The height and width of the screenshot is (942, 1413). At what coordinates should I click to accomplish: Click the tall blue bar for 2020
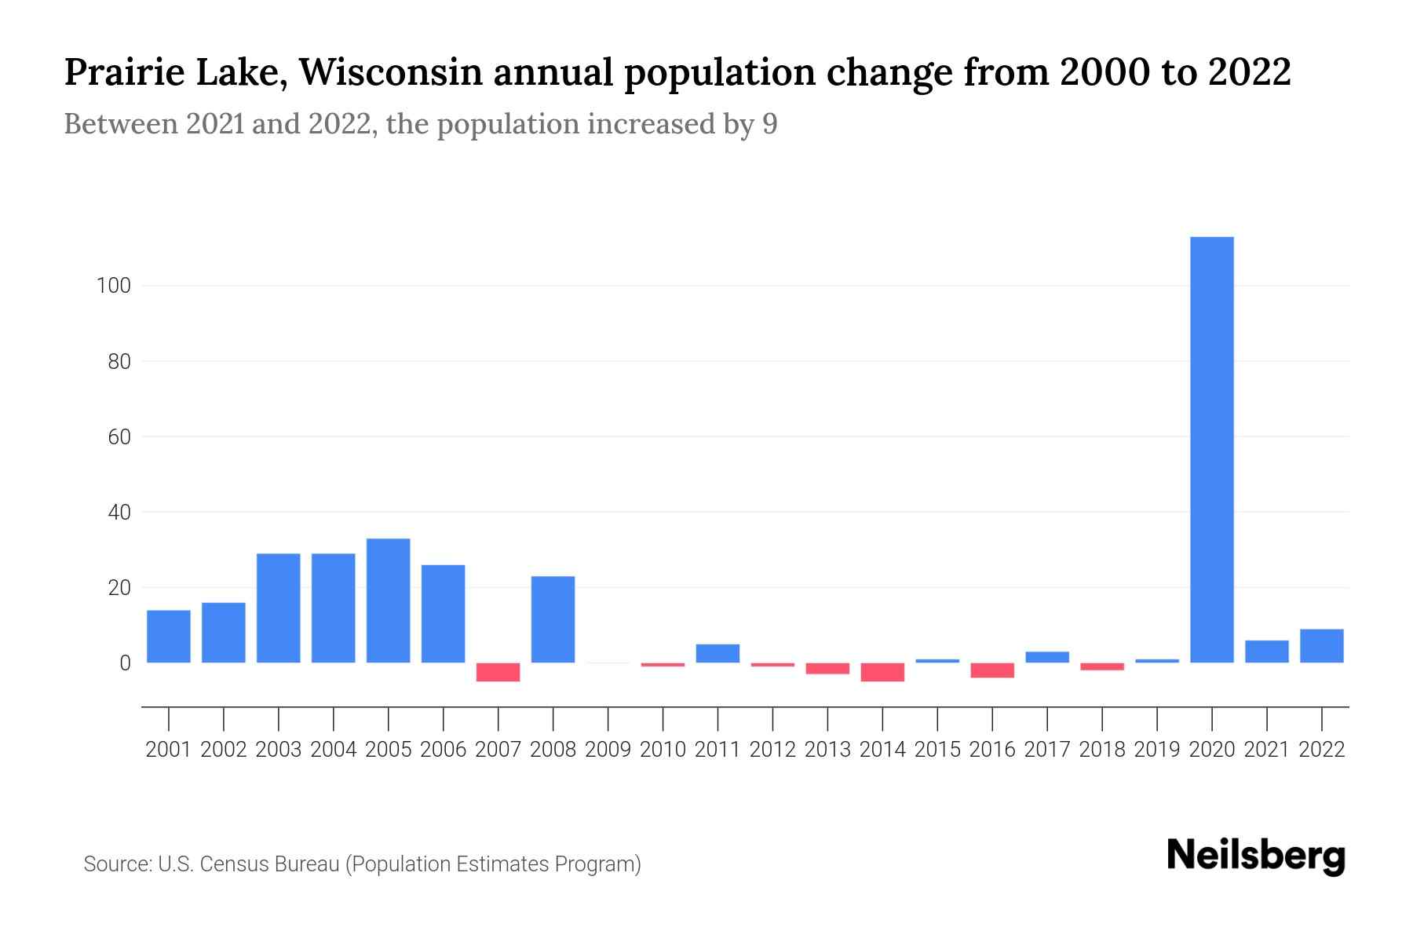point(1211,450)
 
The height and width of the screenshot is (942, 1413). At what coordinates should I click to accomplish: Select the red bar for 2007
point(498,672)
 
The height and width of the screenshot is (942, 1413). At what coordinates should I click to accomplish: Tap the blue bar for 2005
point(388,601)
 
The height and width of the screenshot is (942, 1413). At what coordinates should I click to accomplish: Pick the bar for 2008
point(553,619)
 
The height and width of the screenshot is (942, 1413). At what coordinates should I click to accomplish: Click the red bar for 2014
point(882,672)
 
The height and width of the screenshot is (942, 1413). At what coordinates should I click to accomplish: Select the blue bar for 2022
point(1321,646)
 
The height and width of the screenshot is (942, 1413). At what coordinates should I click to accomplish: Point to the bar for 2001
point(168,637)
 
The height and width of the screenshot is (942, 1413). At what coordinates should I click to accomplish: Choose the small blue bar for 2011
point(717,653)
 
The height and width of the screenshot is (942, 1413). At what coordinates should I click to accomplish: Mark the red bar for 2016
point(992,670)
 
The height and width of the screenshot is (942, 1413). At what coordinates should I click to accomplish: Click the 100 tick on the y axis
point(113,286)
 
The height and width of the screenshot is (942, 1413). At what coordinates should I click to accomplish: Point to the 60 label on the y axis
point(119,437)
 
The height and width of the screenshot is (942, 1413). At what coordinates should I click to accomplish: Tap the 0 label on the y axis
point(125,663)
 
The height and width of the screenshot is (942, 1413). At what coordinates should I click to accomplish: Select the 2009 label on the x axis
point(608,750)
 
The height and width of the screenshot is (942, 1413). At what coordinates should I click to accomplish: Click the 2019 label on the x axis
point(1156,750)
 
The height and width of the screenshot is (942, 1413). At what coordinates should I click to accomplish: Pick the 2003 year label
point(279,750)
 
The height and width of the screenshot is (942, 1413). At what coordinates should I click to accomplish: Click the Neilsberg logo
point(1255,856)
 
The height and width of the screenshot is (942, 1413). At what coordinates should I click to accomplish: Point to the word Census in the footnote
point(232,864)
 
